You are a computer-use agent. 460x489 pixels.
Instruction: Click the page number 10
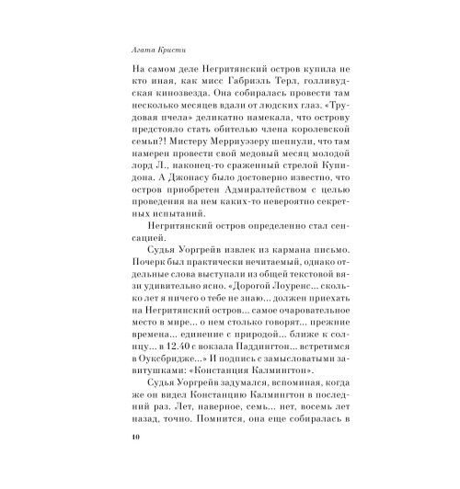pyautogui.click(x=113, y=461)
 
